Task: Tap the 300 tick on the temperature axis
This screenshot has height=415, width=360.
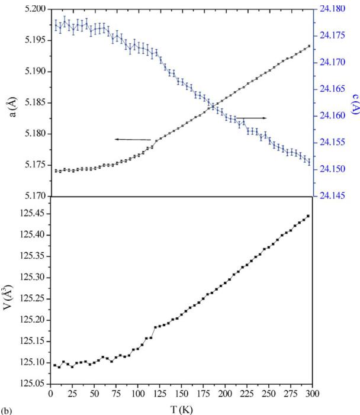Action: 313,393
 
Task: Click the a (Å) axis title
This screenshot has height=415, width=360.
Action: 10,102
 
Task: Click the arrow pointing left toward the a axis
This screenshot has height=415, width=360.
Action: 133,139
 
